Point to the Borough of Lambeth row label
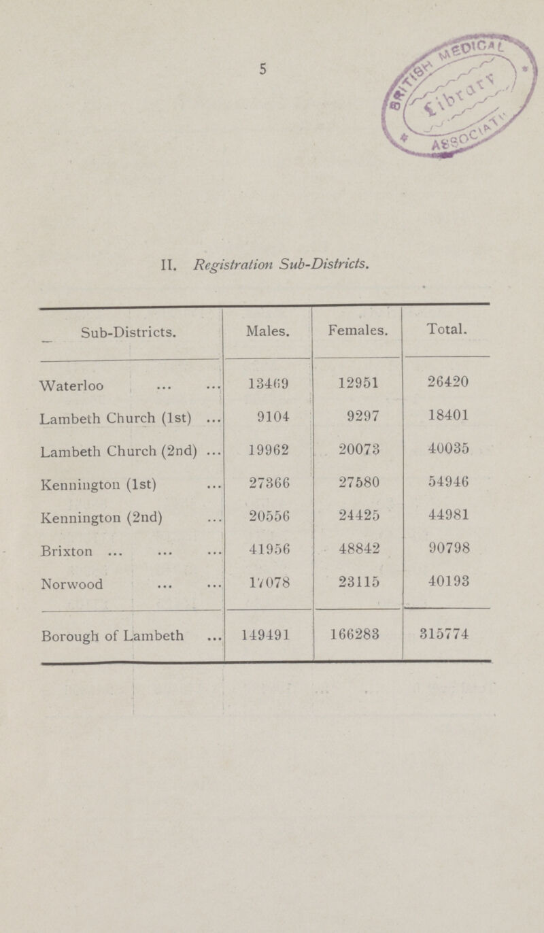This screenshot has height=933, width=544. tap(112, 637)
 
